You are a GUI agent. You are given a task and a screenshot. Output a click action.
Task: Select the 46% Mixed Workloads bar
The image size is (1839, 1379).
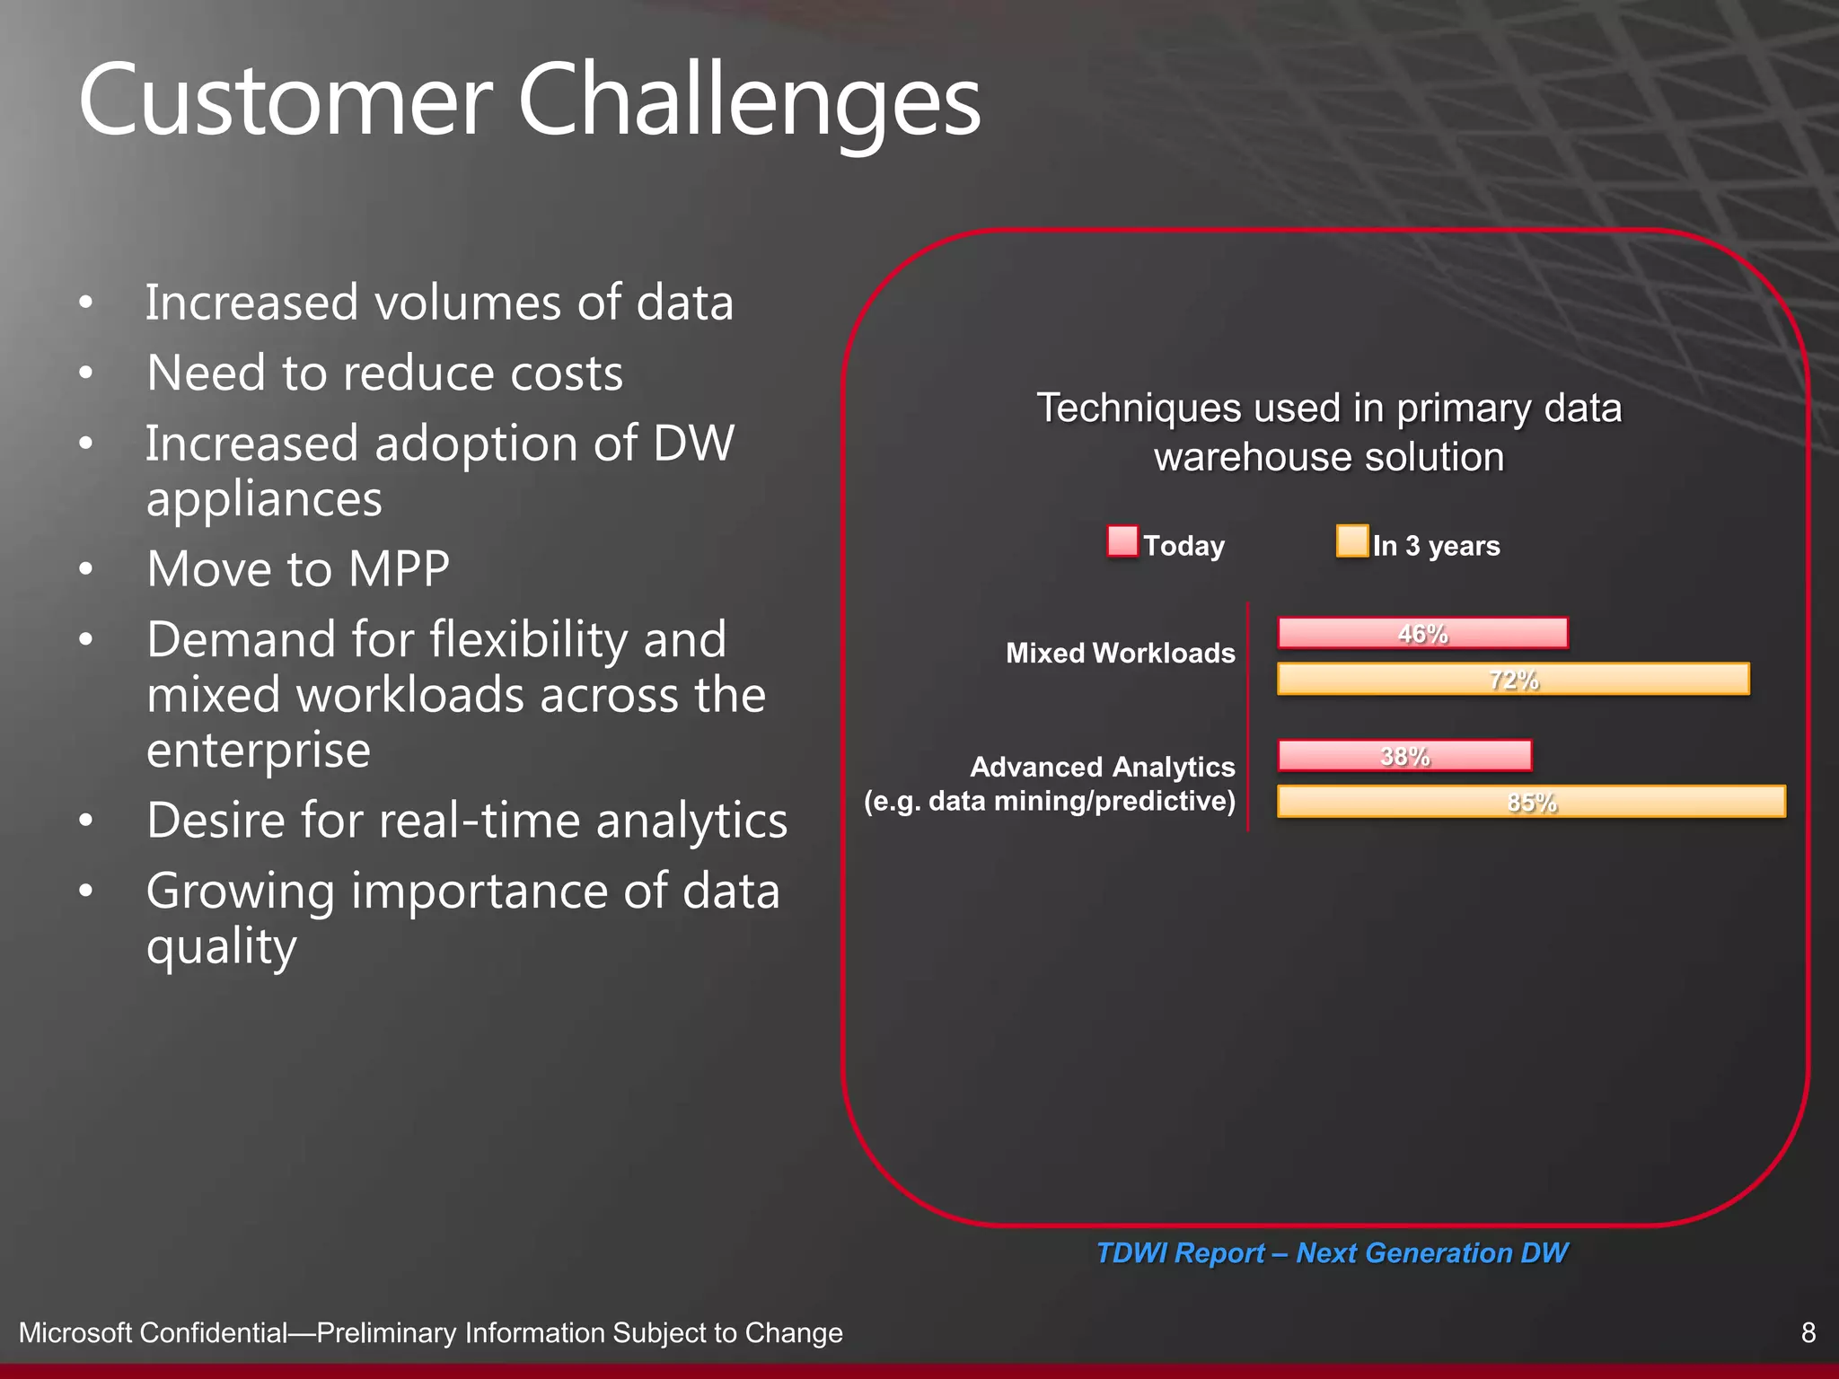click(x=1422, y=633)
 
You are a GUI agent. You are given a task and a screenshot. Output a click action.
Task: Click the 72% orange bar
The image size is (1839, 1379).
click(x=1513, y=680)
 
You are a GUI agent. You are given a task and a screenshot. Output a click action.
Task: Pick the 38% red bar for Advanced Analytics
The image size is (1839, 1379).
click(x=1404, y=756)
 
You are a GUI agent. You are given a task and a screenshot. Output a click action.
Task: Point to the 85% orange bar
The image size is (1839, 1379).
click(x=1531, y=802)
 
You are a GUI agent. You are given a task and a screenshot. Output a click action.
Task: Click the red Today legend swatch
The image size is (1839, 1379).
click(x=1122, y=541)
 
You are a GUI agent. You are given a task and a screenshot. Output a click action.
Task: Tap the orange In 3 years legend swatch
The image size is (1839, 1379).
click(x=1351, y=541)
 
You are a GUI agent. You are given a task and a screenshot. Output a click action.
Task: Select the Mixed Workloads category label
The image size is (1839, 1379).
click(x=1120, y=653)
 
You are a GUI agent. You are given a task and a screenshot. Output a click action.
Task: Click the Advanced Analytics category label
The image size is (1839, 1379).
click(x=1102, y=768)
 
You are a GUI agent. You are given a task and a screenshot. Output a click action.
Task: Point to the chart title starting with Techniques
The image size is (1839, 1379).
click(x=1329, y=432)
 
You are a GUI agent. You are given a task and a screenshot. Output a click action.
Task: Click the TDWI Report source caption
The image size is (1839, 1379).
click(x=1332, y=1252)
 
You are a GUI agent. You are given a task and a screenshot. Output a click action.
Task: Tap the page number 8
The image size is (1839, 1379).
click(x=1808, y=1332)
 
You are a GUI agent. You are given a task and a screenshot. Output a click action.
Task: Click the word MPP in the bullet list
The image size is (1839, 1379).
click(x=399, y=569)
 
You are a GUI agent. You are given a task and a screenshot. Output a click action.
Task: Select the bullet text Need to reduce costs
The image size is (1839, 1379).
click(x=384, y=373)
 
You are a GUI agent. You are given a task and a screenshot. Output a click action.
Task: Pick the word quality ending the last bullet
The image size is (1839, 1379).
click(x=221, y=946)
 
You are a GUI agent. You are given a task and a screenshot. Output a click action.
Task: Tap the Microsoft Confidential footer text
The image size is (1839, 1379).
click(x=430, y=1333)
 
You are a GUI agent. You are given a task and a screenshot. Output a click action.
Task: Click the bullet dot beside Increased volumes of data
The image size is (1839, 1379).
click(x=86, y=303)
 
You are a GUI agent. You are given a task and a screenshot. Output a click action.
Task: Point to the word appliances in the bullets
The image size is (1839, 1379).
click(x=264, y=498)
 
